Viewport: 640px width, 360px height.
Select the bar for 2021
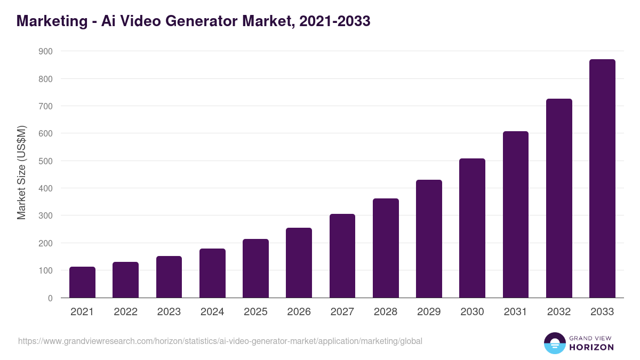[x=82, y=282]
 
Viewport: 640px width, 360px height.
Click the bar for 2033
[x=602, y=179]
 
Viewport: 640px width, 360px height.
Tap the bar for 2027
[x=342, y=256]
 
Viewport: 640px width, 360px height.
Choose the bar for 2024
[x=212, y=273]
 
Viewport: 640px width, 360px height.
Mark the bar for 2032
[x=559, y=198]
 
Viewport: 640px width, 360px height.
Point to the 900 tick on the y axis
[x=46, y=51]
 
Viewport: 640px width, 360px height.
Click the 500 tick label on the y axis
[x=46, y=161]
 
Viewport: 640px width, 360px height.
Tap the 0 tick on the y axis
[x=50, y=298]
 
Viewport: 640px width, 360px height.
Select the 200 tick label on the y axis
[x=46, y=243]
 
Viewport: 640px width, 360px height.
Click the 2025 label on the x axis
[x=255, y=312]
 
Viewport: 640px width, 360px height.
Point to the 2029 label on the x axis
[x=429, y=312]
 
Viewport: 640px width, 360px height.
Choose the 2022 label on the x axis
[x=125, y=312]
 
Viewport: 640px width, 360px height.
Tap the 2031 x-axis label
[x=515, y=312]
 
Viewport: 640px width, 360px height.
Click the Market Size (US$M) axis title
[x=21, y=172]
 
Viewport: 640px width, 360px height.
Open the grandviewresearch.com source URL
[x=220, y=341]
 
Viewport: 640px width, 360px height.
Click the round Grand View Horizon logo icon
[x=554, y=343]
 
